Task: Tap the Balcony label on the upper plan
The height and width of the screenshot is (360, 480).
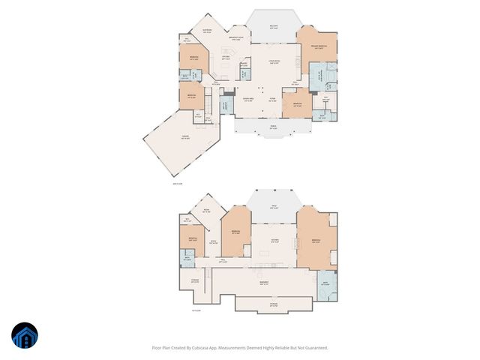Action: tap(274, 27)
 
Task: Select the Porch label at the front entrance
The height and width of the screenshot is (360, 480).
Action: tap(273, 127)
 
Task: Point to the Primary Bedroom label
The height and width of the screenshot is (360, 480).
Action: tap(318, 47)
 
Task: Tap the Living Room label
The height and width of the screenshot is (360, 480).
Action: tap(274, 61)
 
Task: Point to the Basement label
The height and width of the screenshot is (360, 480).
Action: tap(263, 283)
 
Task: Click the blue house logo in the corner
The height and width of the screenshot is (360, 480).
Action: tap(25, 335)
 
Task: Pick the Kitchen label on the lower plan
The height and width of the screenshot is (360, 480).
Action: tap(274, 239)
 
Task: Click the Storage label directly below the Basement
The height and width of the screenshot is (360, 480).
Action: tap(274, 304)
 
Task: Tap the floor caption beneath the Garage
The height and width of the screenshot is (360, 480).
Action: tap(178, 181)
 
